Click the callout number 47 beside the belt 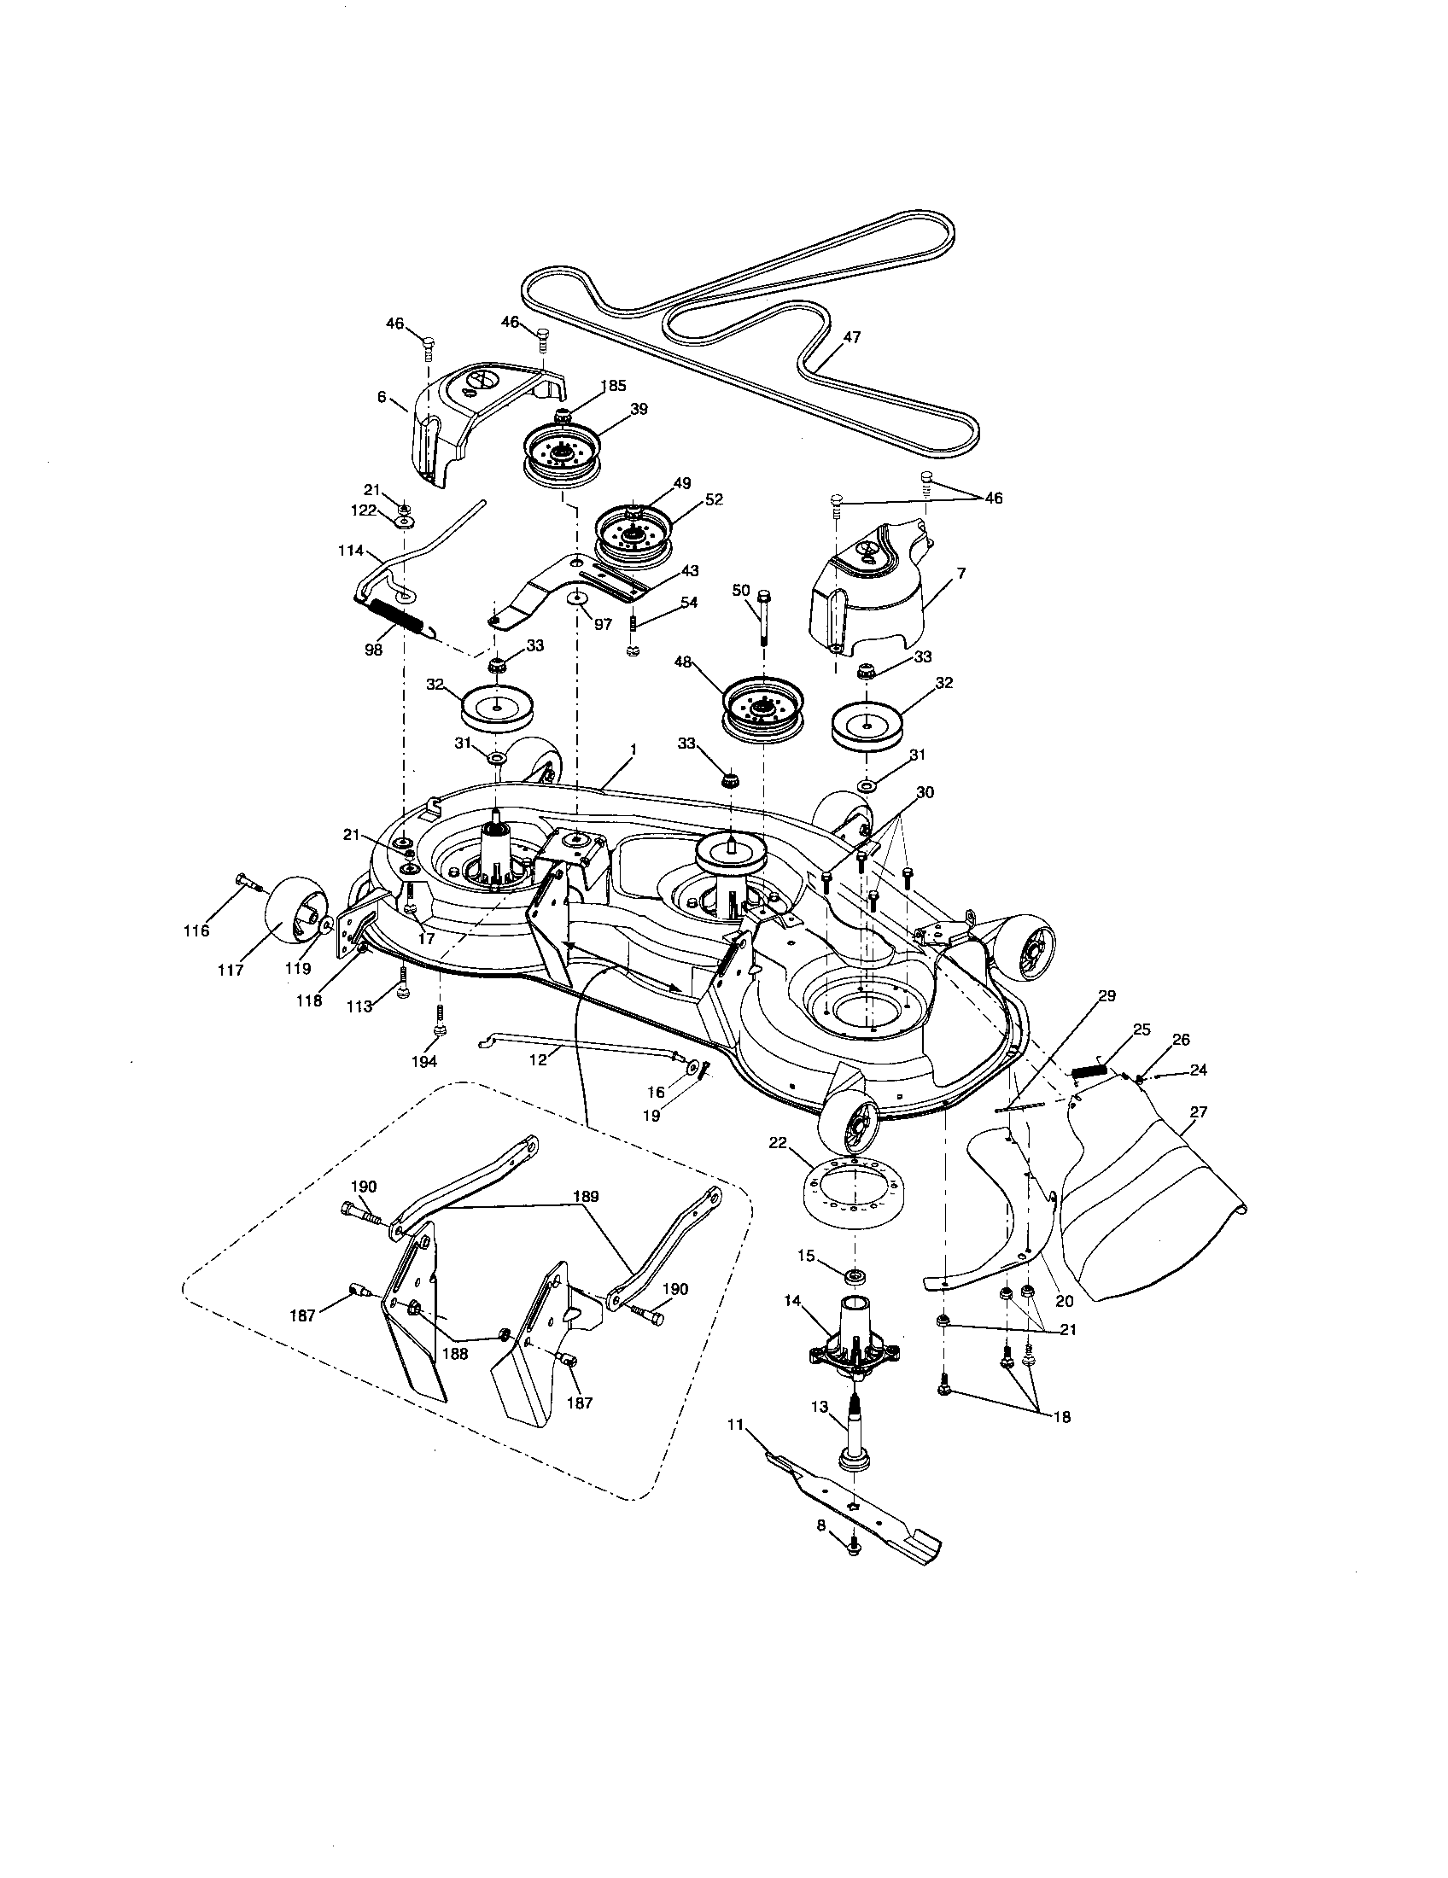pos(851,338)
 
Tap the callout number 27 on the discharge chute pos(1198,1111)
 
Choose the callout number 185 pos(614,386)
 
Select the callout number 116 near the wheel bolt pos(197,930)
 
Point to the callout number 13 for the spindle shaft pos(819,1407)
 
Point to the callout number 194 pos(424,1061)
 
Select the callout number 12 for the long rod pos(538,1059)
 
